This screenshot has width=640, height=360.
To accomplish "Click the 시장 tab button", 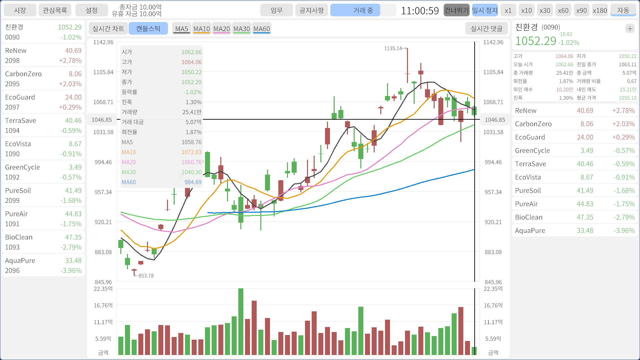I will (x=20, y=10).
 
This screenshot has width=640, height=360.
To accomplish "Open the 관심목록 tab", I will (x=55, y=10).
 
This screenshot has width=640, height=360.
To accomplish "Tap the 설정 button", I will (x=91, y=10).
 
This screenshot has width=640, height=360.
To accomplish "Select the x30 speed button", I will (x=545, y=10).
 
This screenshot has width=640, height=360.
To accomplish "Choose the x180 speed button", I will (x=600, y=10).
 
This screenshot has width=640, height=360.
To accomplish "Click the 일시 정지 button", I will (x=485, y=10).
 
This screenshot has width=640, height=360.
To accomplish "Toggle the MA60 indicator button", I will (x=261, y=29).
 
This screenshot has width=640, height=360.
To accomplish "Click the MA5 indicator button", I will (x=181, y=29).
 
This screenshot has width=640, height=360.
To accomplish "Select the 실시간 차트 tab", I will (x=108, y=29).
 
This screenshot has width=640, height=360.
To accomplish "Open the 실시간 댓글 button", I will (x=486, y=29).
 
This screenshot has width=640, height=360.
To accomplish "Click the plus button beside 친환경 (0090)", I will (x=630, y=29).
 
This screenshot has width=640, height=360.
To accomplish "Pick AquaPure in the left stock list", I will (x=43, y=265).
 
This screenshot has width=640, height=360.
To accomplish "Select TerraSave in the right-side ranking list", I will (x=575, y=164).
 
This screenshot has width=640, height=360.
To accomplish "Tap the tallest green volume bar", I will (x=241, y=321).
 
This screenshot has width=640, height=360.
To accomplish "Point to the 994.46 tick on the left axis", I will (x=103, y=162).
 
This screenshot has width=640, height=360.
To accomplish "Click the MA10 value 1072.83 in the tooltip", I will (x=191, y=152).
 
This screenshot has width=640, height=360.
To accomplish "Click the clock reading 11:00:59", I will (x=420, y=11).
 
